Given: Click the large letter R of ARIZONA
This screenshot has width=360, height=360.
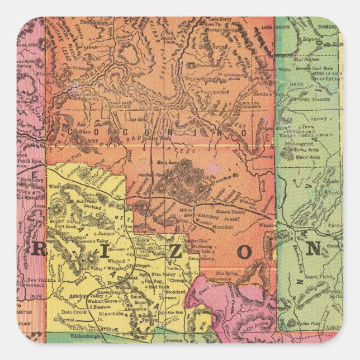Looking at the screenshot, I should (x=40, y=250).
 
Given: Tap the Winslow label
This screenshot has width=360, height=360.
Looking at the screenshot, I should (x=269, y=225).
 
